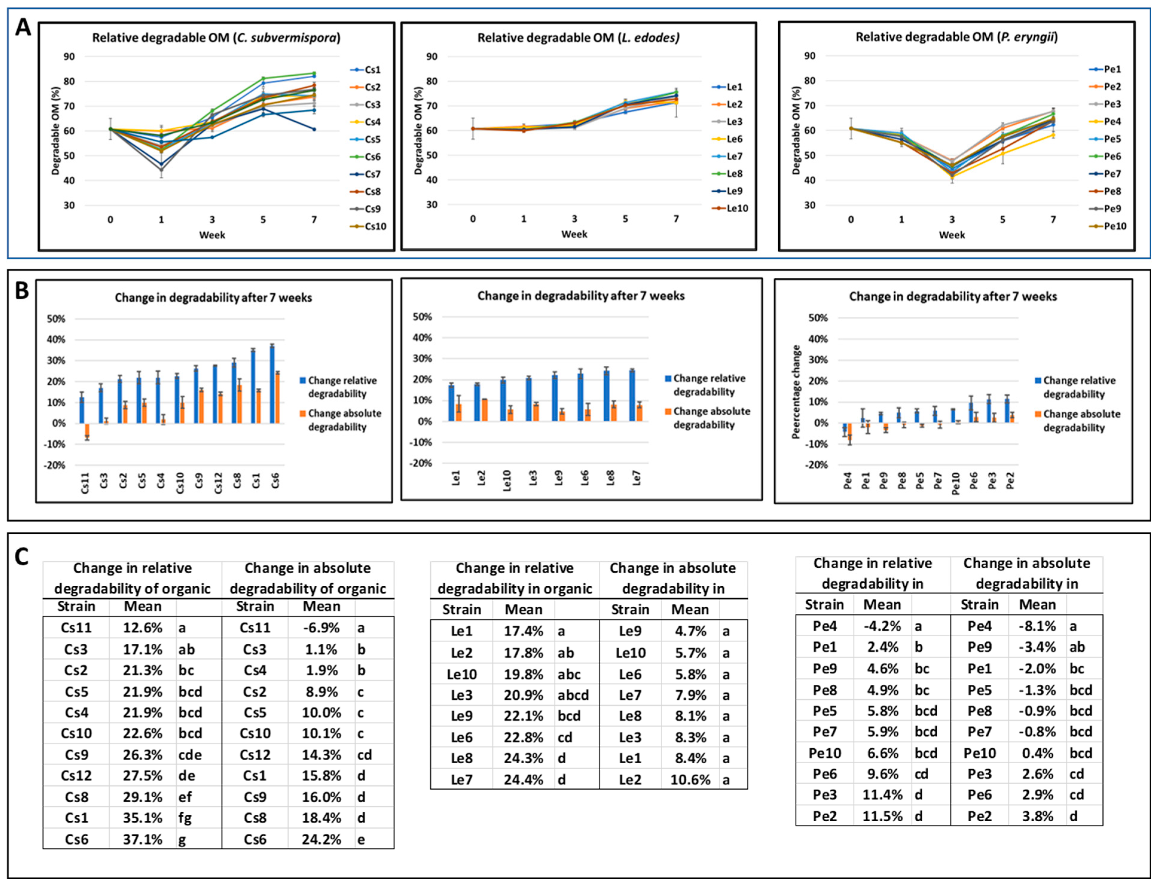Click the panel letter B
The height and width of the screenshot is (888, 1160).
[21, 291]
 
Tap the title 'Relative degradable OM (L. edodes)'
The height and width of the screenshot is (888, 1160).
[578, 38]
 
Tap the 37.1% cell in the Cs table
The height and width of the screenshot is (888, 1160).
[142, 839]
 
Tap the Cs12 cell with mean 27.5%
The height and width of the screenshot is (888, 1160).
[76, 775]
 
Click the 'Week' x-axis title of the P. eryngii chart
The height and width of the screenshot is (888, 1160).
[951, 235]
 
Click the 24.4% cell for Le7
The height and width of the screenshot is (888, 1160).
[523, 780]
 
